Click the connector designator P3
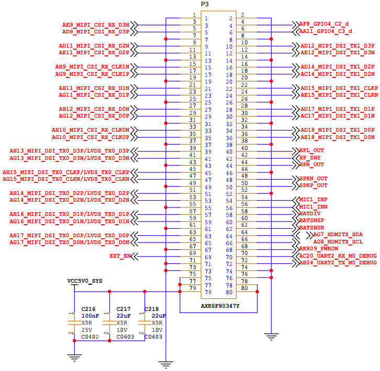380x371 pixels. [x=205, y=4]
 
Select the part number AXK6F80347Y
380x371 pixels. [x=220, y=306]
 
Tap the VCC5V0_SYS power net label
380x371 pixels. [x=85, y=281]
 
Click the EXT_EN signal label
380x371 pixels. [x=120, y=256]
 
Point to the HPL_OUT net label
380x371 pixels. [x=311, y=150]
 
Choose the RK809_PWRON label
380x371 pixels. [x=319, y=249]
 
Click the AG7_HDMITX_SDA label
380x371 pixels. [x=338, y=235]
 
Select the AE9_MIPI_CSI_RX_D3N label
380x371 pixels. [x=96, y=25]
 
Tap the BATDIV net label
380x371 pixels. [x=310, y=213]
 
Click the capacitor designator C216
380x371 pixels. [x=88, y=309]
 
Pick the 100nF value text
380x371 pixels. [x=90, y=316]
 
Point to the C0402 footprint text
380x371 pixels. [x=90, y=337]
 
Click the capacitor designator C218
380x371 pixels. [x=152, y=309]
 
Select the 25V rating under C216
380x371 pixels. [x=87, y=330]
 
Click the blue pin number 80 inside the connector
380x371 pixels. [x=229, y=292]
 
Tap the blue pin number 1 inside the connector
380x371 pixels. [x=206, y=19]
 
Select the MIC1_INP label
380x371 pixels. [x=314, y=200]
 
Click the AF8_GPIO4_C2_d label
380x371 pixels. [x=324, y=24]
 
